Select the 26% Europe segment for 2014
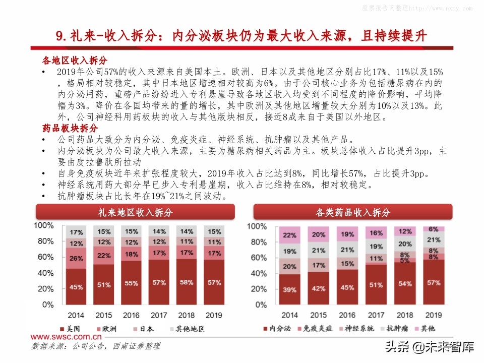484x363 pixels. click(76, 259)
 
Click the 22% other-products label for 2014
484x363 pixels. click(289, 235)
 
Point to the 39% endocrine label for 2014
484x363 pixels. click(289, 290)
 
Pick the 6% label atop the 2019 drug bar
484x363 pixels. click(433, 229)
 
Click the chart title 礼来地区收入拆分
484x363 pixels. click(135, 212)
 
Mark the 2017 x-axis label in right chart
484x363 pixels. click(376, 315)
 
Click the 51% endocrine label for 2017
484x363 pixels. click(376, 284)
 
